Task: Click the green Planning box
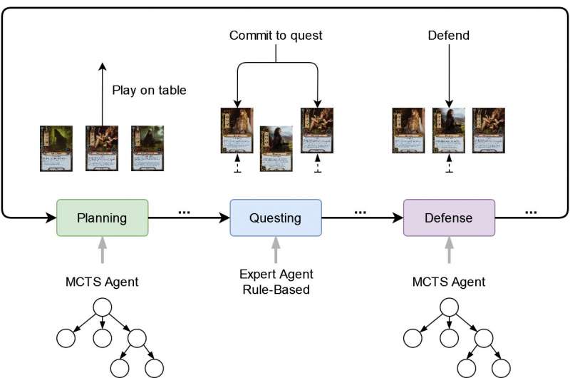[x=102, y=218]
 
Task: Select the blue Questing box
[x=276, y=218]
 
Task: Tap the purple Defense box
[x=449, y=218]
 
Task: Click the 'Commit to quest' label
[x=276, y=35]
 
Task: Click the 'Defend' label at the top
[x=449, y=35]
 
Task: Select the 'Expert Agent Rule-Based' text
[x=276, y=281]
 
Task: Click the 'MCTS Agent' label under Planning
[x=102, y=282]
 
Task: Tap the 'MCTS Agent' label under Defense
[x=449, y=282]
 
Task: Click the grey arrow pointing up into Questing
[x=276, y=250]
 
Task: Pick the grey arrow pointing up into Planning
[x=102, y=250]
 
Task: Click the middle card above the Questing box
[x=276, y=148]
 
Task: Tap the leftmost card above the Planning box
[x=56, y=148]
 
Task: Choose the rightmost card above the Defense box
[x=489, y=131]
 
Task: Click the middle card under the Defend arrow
[x=449, y=131]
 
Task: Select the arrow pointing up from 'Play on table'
[x=102, y=93]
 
